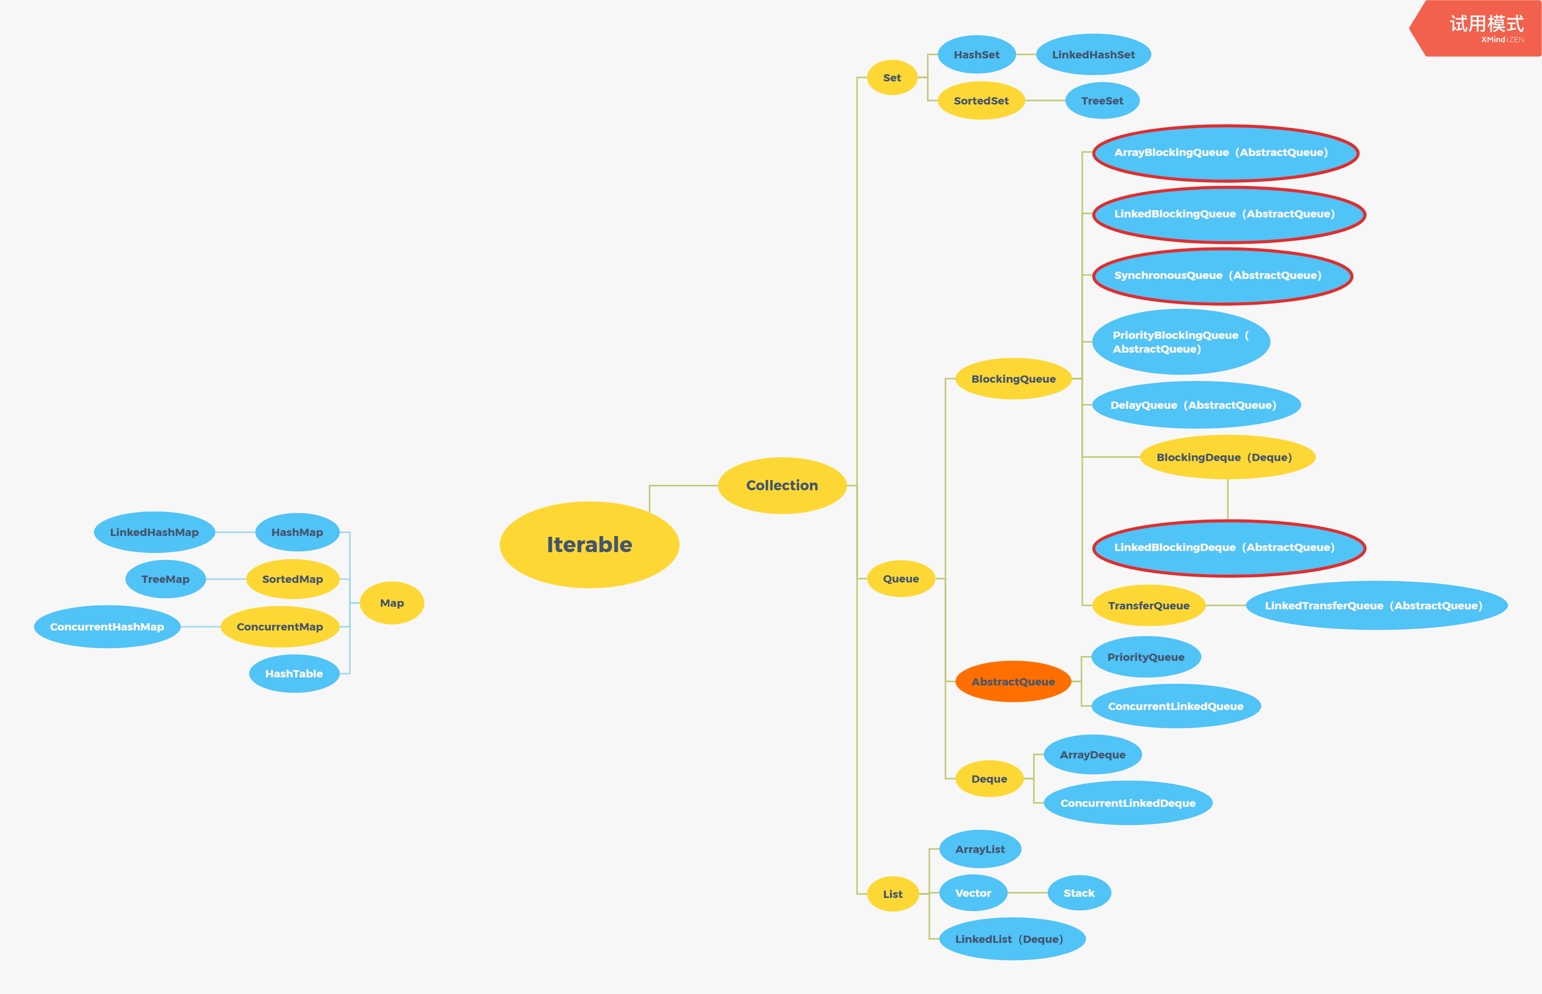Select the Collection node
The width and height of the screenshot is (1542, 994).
point(782,485)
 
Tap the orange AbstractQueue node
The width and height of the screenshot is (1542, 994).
point(1013,682)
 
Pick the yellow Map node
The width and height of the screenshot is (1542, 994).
point(392,603)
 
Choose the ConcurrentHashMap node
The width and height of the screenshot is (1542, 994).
point(107,627)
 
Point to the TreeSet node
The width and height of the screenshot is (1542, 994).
point(1102,101)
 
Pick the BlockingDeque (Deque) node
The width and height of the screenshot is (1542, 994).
point(1227,457)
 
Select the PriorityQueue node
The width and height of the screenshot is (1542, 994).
point(1146,657)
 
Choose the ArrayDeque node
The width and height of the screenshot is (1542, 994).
point(1092,755)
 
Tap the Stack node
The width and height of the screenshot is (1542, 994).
point(1079,893)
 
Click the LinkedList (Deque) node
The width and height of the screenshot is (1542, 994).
point(1011,939)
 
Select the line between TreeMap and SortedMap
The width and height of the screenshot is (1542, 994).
point(226,579)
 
